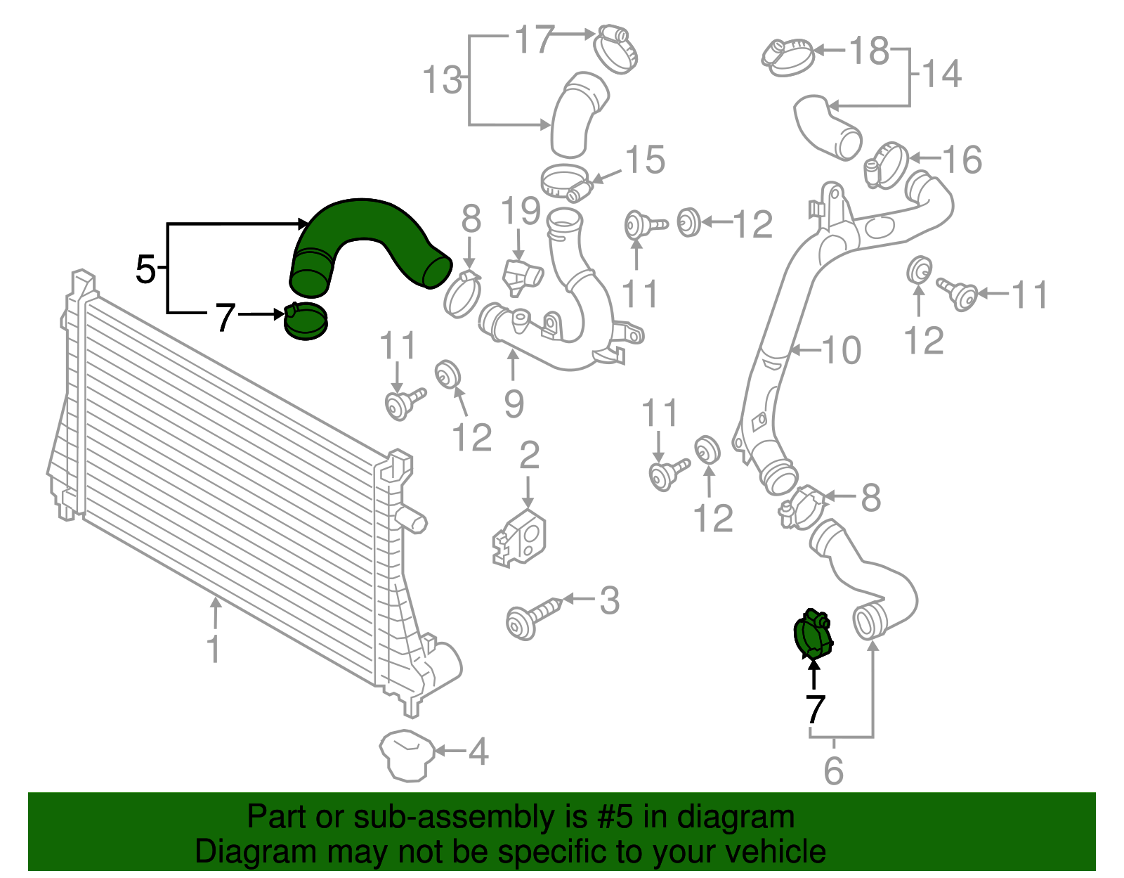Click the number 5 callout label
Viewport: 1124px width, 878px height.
point(145,269)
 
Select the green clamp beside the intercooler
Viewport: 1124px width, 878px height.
point(306,322)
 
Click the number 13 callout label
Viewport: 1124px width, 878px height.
point(443,79)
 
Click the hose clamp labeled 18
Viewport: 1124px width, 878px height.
point(788,56)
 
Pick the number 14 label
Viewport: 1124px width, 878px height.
point(941,74)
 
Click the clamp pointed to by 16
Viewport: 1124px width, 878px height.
point(886,166)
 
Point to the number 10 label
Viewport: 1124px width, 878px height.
point(841,350)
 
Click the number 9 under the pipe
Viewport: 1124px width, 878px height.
point(514,404)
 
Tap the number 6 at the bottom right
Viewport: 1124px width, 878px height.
point(833,771)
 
